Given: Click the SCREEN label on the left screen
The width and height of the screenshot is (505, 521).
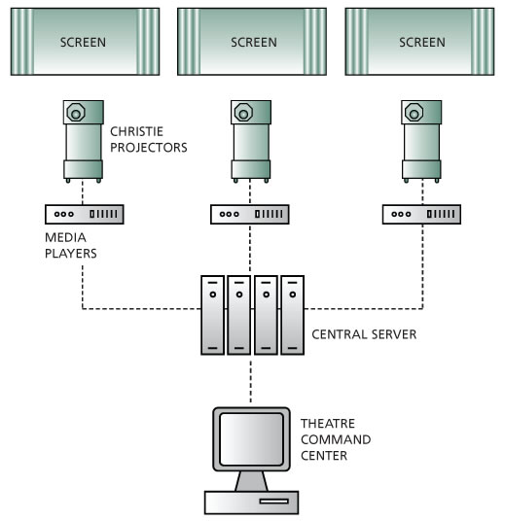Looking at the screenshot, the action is [83, 42].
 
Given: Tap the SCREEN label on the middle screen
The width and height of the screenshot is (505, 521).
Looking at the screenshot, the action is [254, 42].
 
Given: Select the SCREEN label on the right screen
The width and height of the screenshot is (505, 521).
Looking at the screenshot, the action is [422, 42].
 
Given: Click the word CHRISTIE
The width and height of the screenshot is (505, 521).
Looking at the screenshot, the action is [136, 131].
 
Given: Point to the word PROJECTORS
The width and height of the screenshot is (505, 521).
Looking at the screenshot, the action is [148, 148].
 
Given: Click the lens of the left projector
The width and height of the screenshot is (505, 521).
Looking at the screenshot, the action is [76, 113].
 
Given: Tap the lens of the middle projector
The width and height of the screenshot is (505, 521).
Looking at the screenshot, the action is [243, 113].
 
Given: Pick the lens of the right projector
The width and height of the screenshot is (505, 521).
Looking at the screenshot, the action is [414, 113].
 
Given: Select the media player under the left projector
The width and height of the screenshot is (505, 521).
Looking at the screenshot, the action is [85, 214].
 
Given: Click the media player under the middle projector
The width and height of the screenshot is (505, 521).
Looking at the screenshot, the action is [250, 214].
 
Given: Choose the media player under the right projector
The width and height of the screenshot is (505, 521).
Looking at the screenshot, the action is [421, 214].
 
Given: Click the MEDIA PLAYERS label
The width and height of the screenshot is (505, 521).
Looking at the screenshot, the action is [70, 246].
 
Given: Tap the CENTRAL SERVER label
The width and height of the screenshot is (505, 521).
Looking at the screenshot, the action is [364, 334].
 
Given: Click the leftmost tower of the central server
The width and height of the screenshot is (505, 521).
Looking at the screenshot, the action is [212, 315].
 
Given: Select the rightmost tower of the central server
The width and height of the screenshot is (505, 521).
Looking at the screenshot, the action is [293, 315].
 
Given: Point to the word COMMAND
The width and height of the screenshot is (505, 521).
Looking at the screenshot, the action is [336, 439].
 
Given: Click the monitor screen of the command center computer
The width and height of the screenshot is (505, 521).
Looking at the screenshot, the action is [251, 439].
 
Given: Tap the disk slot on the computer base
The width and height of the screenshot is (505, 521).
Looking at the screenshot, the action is [273, 502].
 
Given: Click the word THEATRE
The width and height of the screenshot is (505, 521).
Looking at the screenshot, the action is [328, 424].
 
